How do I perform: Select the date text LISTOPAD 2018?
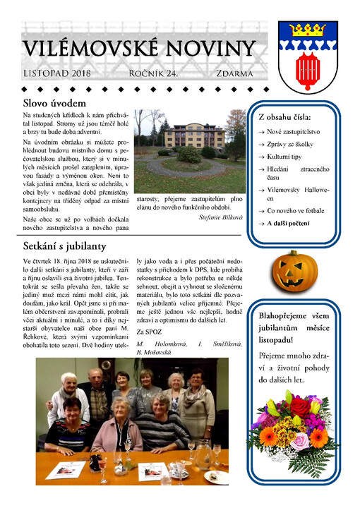coord(57,73)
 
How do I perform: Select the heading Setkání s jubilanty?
coord(64,246)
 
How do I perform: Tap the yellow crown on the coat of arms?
coord(306,29)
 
